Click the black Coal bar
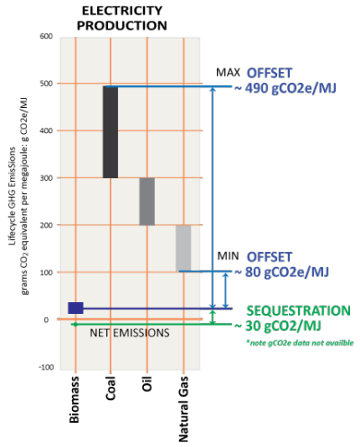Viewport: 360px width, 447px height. point(111,132)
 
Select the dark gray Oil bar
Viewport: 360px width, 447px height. point(147,201)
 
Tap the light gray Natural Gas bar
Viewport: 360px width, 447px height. point(184,248)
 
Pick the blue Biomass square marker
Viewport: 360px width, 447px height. point(76,308)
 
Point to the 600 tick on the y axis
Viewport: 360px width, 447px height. point(46,36)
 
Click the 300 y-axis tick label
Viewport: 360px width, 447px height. point(46,178)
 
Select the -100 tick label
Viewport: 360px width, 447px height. point(46,367)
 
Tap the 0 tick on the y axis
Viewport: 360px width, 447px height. point(46,320)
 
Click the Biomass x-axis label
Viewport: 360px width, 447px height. point(75,399)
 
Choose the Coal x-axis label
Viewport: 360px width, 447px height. point(111,389)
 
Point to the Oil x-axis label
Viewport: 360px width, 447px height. point(147,384)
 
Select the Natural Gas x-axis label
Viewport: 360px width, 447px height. point(184,409)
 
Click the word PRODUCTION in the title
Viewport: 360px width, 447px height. point(121,25)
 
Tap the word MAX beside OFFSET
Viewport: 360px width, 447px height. point(229,73)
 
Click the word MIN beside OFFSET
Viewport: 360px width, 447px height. point(229,256)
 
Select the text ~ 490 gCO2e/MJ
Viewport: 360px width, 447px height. point(285,88)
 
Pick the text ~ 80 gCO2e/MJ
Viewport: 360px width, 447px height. point(282,272)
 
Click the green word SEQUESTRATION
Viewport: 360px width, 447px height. point(299,310)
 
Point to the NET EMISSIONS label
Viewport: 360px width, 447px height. point(130,333)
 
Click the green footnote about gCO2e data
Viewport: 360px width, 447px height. point(300,343)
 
